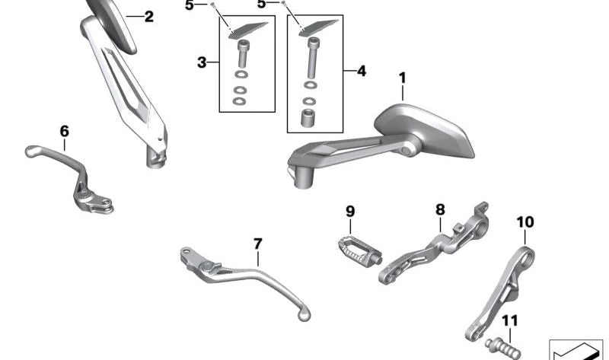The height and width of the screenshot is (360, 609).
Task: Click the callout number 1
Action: [402, 78]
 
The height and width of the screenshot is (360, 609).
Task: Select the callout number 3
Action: [202, 62]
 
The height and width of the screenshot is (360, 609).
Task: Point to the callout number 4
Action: [361, 72]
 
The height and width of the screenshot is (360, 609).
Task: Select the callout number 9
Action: [350, 211]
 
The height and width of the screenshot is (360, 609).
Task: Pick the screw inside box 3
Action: [243, 54]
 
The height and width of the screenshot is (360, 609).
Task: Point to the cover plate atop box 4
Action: [314, 26]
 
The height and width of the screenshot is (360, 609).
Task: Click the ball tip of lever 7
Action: [305, 311]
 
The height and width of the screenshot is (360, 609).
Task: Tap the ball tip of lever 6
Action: [30, 151]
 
